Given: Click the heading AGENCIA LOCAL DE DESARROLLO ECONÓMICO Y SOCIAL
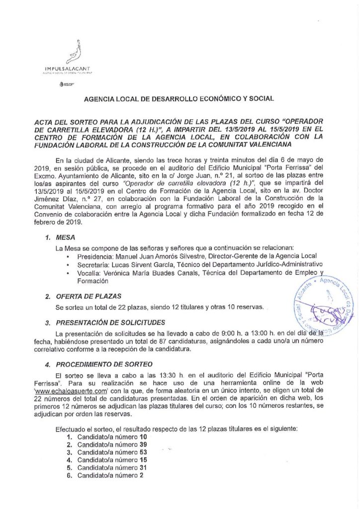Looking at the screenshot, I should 179,99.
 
